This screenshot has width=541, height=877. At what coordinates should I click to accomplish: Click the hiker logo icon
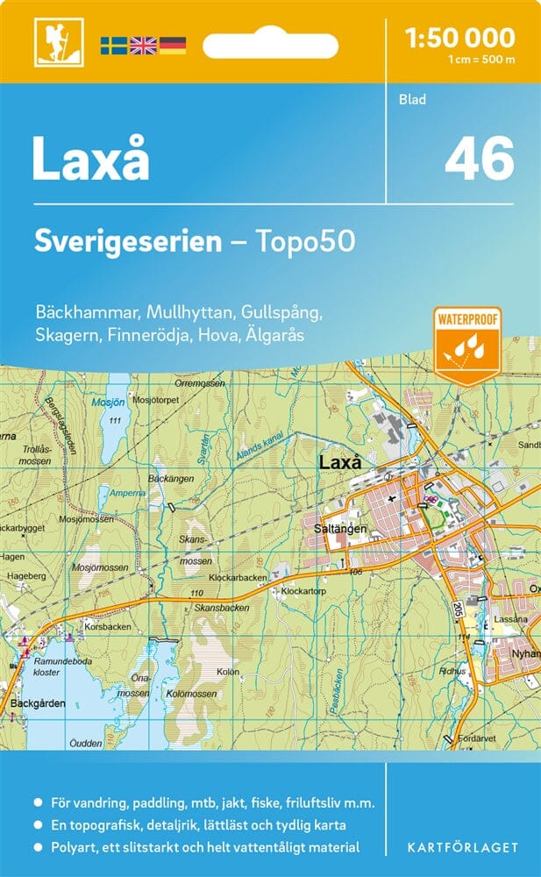click(52, 42)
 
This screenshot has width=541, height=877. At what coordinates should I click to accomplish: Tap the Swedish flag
click(113, 44)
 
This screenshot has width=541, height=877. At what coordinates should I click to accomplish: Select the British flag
click(143, 44)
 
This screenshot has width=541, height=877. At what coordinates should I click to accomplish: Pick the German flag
click(173, 44)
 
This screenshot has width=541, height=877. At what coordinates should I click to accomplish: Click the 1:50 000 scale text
click(460, 38)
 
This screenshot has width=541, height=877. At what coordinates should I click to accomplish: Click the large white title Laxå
click(91, 159)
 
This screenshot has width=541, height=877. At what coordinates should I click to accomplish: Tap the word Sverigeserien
click(128, 242)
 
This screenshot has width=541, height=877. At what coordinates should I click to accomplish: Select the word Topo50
click(306, 242)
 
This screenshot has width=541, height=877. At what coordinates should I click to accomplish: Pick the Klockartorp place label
click(303, 593)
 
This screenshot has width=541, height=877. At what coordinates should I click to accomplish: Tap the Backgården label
click(34, 703)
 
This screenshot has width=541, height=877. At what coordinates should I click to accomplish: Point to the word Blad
click(412, 99)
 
